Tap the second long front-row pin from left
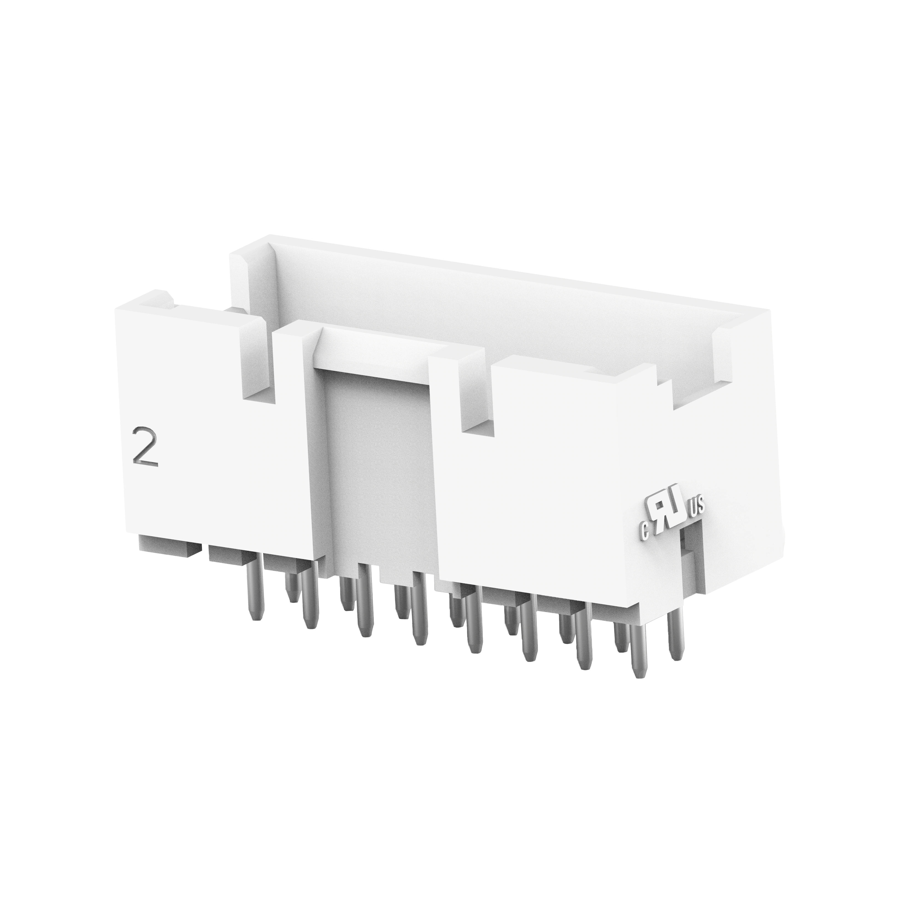coord(310,596)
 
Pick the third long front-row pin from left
coord(365,600)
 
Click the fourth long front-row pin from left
coord(420,608)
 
